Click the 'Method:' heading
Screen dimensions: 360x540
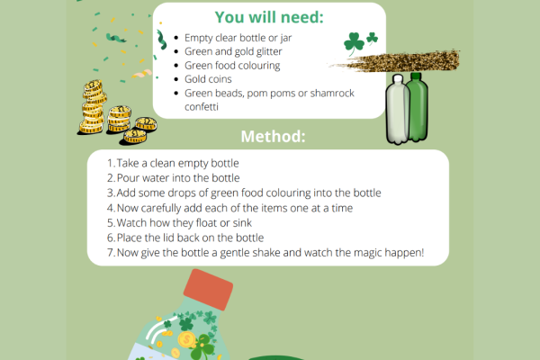(273, 138)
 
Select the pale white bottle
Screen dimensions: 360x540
(398, 112)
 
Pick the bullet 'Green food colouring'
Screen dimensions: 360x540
(232, 65)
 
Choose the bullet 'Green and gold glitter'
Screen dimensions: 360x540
(235, 51)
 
